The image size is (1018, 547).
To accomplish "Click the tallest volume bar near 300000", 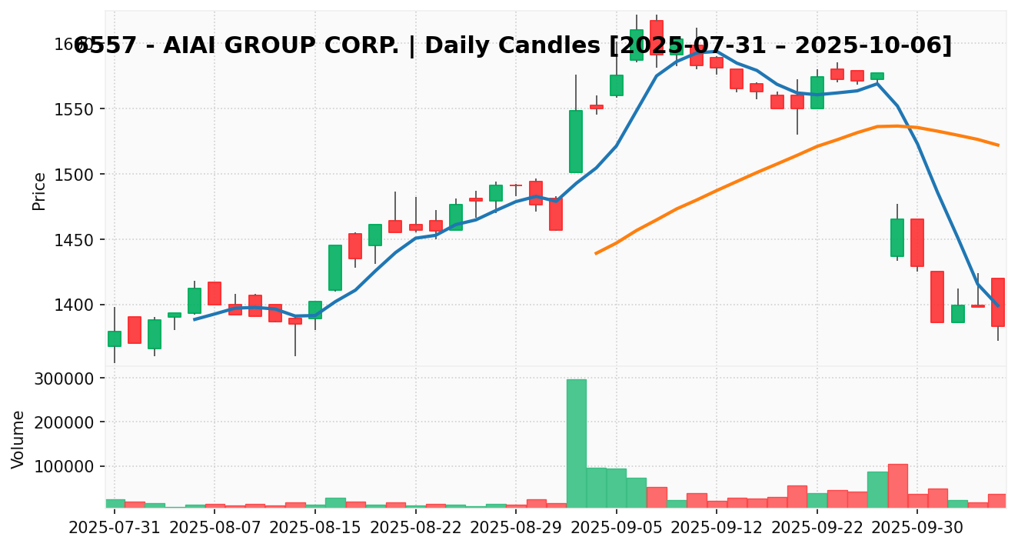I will click(576, 442).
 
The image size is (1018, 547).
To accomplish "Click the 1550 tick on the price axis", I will click(74, 109).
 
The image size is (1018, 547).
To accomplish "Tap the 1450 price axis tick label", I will click(74, 240).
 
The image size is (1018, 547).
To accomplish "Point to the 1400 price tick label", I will click(74, 305).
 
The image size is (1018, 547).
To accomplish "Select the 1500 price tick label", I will click(74, 175).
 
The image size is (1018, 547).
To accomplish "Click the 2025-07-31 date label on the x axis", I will click(115, 529).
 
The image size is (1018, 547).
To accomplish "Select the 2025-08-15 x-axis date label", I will click(315, 529).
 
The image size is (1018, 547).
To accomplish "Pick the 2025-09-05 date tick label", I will click(616, 529).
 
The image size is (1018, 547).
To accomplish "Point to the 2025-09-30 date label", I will click(917, 529).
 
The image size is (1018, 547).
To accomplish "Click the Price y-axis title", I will click(39, 191).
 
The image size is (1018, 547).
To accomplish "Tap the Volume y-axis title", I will click(18, 439).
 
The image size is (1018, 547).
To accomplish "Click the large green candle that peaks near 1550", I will click(576, 142).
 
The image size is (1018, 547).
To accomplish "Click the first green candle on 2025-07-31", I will click(115, 339).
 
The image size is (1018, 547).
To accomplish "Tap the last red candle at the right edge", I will click(998, 302).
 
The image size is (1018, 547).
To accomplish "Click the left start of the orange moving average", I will click(596, 253).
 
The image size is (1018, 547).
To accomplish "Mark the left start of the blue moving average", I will click(195, 319).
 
